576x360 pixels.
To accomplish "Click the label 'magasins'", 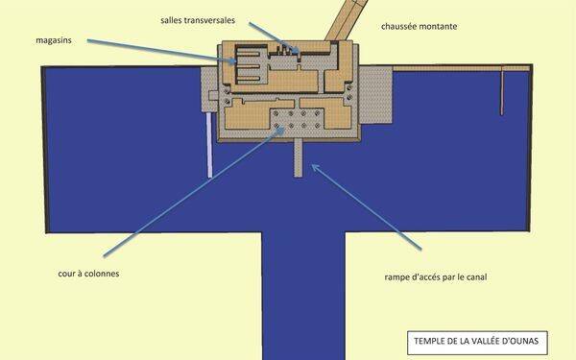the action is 54,40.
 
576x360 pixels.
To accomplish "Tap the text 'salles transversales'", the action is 198,20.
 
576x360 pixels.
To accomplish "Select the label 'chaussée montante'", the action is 420,27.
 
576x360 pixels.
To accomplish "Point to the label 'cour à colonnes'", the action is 88,274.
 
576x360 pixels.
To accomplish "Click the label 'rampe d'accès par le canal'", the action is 436,277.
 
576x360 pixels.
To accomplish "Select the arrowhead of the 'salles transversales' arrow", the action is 297,50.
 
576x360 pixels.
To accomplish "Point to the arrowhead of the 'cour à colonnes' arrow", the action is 280,130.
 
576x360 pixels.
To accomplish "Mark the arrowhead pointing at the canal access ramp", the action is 315,167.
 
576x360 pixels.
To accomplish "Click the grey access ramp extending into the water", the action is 299,157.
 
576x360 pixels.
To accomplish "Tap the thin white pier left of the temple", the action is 209,145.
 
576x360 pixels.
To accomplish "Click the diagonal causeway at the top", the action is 346,20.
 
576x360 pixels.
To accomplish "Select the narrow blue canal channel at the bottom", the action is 303,296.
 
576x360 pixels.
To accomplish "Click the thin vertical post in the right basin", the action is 502,92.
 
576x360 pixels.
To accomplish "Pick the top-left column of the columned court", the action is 276,113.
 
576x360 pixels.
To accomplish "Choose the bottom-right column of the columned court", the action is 318,126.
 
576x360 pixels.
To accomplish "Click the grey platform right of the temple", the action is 375,95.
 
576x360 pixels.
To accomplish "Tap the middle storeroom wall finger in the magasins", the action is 249,67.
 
